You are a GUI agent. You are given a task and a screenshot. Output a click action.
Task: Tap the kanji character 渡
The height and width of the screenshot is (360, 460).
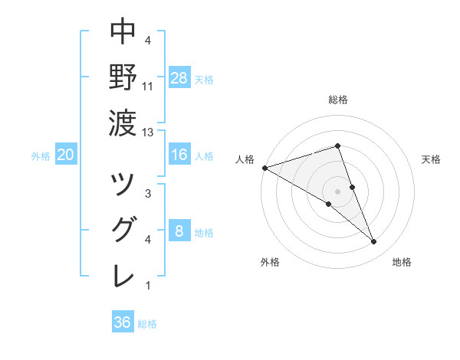(x=123, y=121)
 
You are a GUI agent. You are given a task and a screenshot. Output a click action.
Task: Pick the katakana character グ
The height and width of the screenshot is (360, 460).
(x=123, y=229)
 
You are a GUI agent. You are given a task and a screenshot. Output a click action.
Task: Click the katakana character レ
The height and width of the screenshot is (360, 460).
(x=123, y=275)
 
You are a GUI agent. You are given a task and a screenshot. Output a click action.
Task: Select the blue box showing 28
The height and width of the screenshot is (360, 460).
(x=179, y=77)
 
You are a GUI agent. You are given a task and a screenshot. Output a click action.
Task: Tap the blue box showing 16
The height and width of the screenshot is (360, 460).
(x=179, y=155)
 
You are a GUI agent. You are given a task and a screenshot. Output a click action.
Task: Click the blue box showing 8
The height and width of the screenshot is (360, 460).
(x=179, y=231)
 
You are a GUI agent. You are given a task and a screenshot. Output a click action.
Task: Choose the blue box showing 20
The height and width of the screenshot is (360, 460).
(x=66, y=155)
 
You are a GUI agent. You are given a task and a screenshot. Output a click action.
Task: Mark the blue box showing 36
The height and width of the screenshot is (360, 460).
(x=123, y=322)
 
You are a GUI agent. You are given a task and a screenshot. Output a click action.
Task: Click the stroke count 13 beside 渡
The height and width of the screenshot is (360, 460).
(x=148, y=133)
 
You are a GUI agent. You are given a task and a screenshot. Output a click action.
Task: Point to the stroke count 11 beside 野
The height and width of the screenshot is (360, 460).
(x=148, y=87)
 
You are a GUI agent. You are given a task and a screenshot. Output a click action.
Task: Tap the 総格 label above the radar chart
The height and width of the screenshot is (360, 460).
(x=338, y=100)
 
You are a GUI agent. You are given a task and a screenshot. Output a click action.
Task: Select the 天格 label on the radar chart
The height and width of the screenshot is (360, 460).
(x=431, y=159)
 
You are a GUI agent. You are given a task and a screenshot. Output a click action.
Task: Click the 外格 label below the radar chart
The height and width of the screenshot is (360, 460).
(x=270, y=262)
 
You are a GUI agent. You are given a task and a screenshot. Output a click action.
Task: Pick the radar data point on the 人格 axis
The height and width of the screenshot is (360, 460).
(x=264, y=167)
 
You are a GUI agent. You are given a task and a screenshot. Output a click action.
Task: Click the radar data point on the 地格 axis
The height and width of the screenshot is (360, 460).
(x=374, y=242)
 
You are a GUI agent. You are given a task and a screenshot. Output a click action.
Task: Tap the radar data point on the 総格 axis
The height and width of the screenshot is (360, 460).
(x=338, y=146)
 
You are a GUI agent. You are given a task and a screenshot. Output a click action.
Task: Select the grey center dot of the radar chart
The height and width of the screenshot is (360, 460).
(x=338, y=191)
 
